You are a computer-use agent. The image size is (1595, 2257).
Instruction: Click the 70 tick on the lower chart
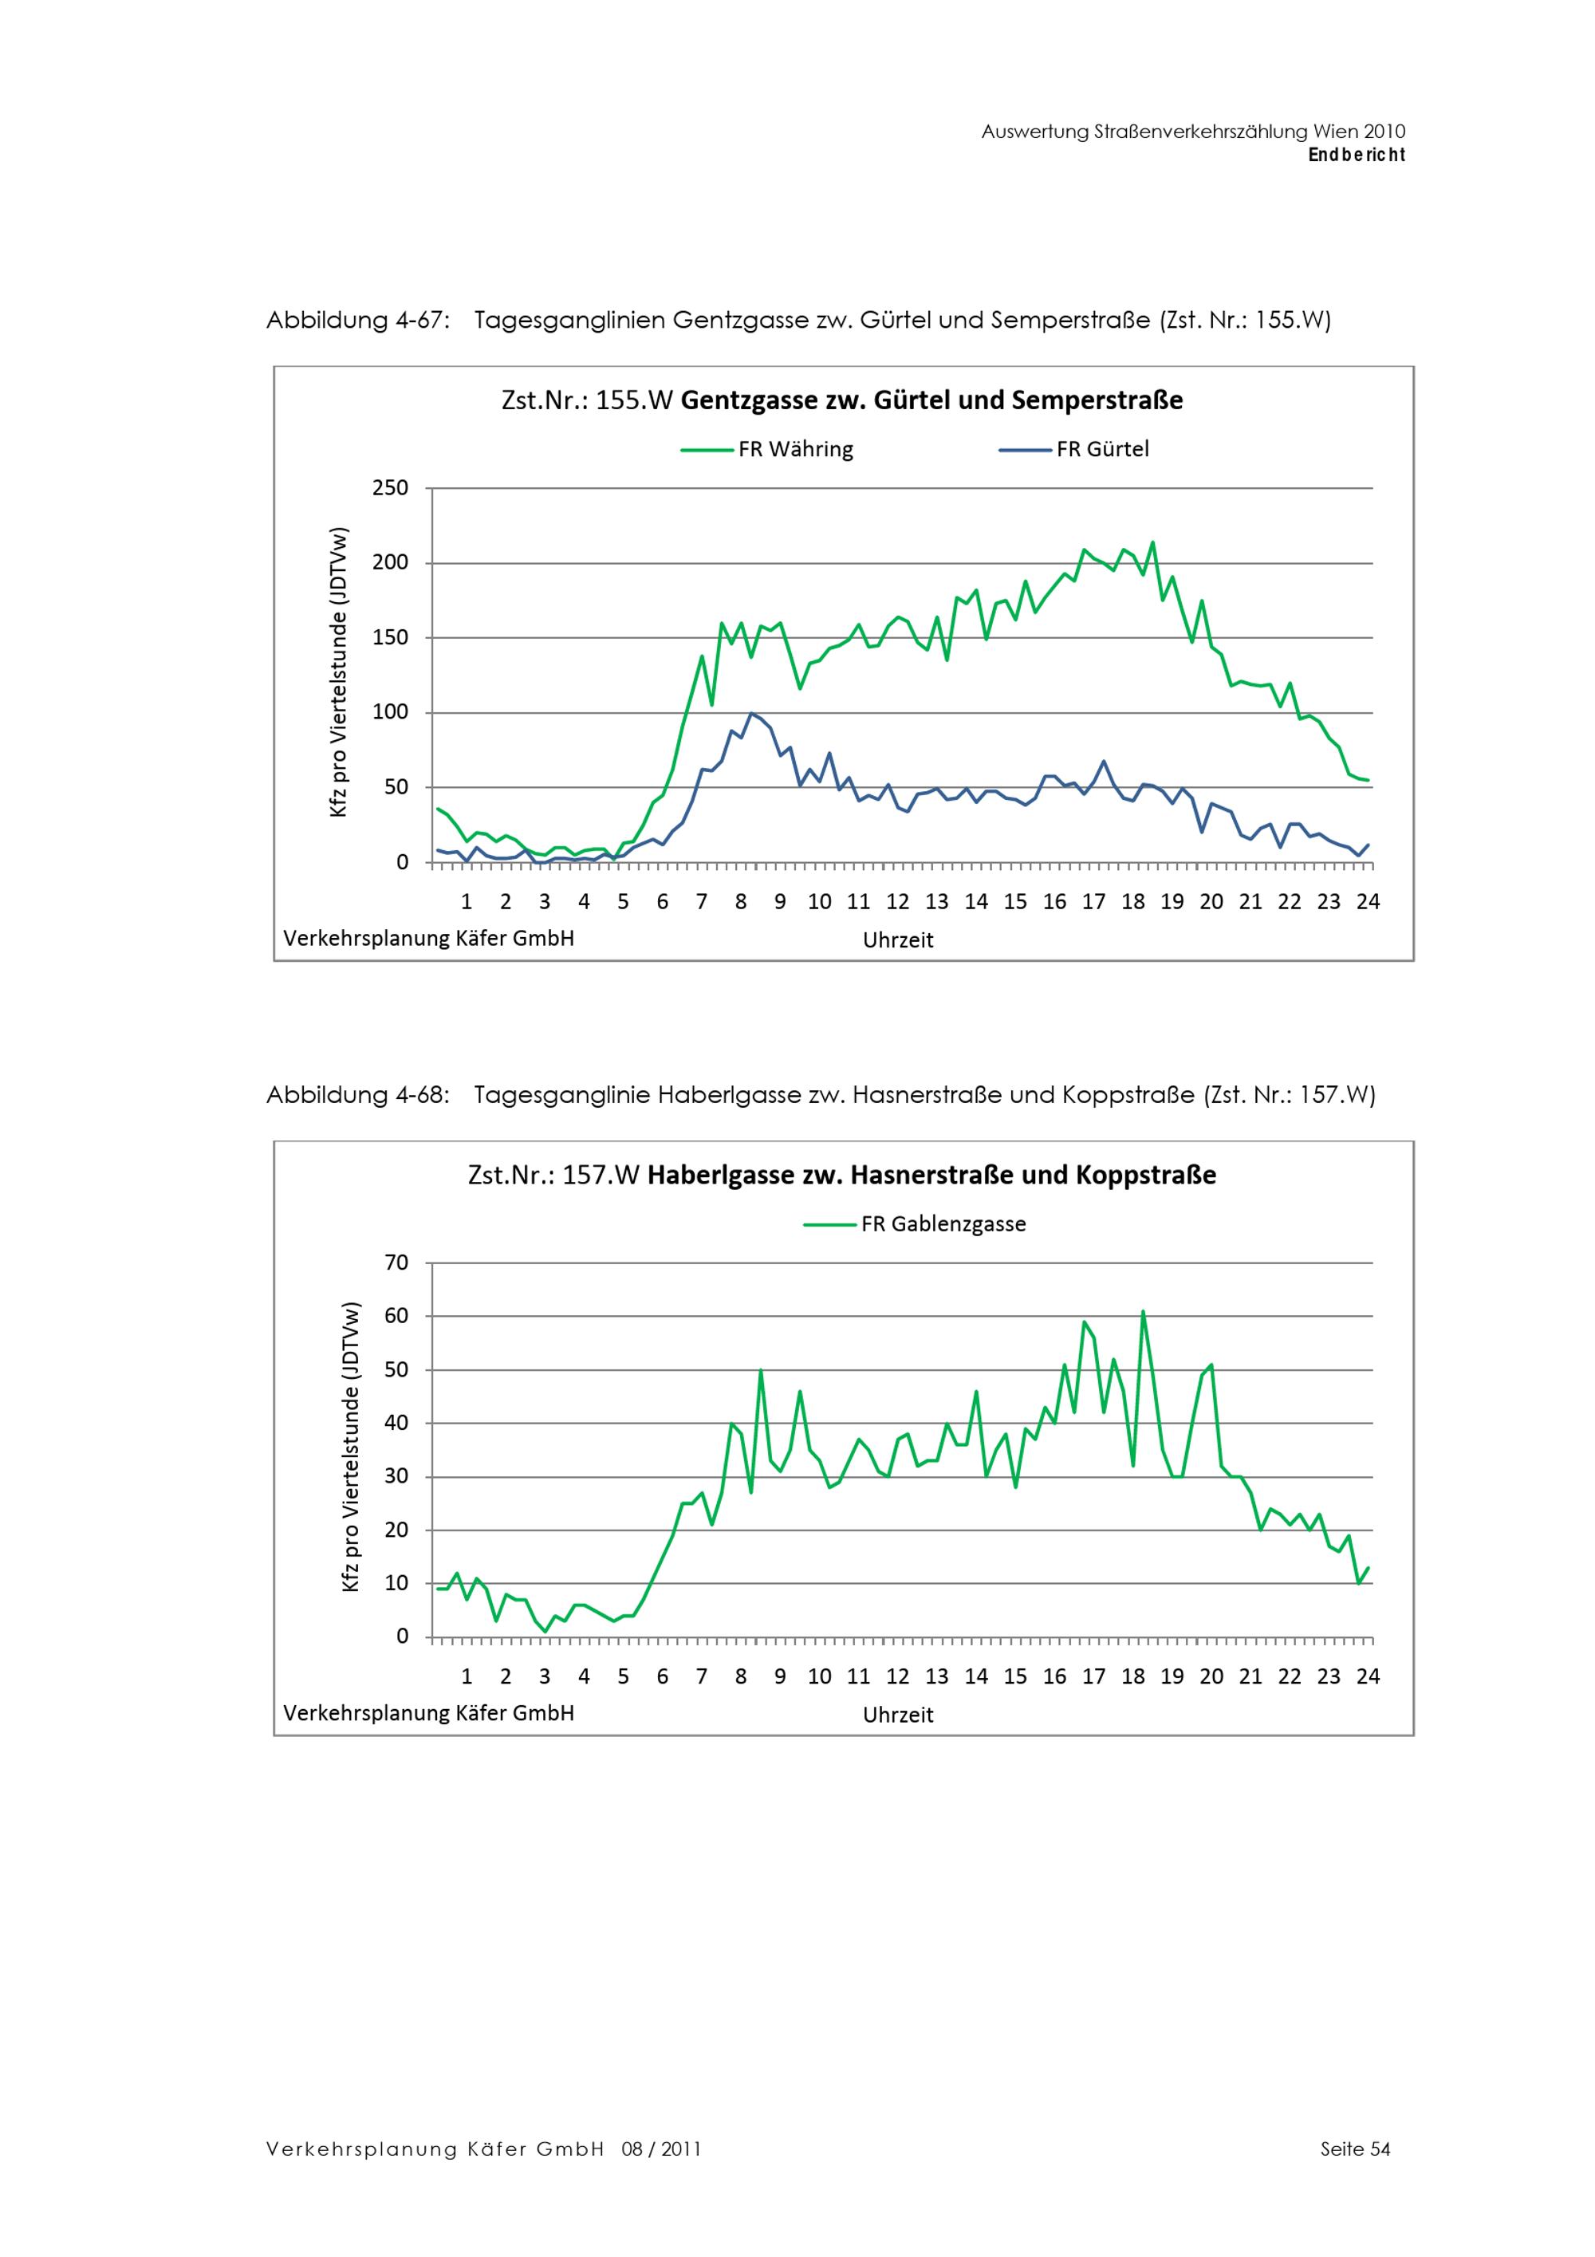[397, 1262]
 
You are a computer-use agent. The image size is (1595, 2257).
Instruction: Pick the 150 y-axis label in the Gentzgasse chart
[390, 637]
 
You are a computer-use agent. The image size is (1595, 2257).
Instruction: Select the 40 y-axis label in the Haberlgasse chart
[397, 1423]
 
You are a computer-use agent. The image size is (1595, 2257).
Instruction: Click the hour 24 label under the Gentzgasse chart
[1367, 901]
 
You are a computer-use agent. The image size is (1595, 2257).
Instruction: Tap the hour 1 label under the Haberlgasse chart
[467, 1676]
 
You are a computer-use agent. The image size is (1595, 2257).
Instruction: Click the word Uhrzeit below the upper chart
[897, 939]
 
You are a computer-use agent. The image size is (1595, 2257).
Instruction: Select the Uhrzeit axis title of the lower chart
[897, 1715]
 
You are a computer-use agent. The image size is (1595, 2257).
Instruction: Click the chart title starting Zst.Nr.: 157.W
[841, 1175]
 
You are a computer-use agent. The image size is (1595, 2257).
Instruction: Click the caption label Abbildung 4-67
[358, 321]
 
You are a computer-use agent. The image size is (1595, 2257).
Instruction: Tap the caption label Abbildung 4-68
[358, 1095]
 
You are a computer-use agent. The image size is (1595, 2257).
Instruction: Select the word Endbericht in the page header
[1357, 155]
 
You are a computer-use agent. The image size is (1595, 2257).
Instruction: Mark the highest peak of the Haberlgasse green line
[1143, 1311]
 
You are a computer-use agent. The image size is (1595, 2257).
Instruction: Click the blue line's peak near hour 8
[750, 714]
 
